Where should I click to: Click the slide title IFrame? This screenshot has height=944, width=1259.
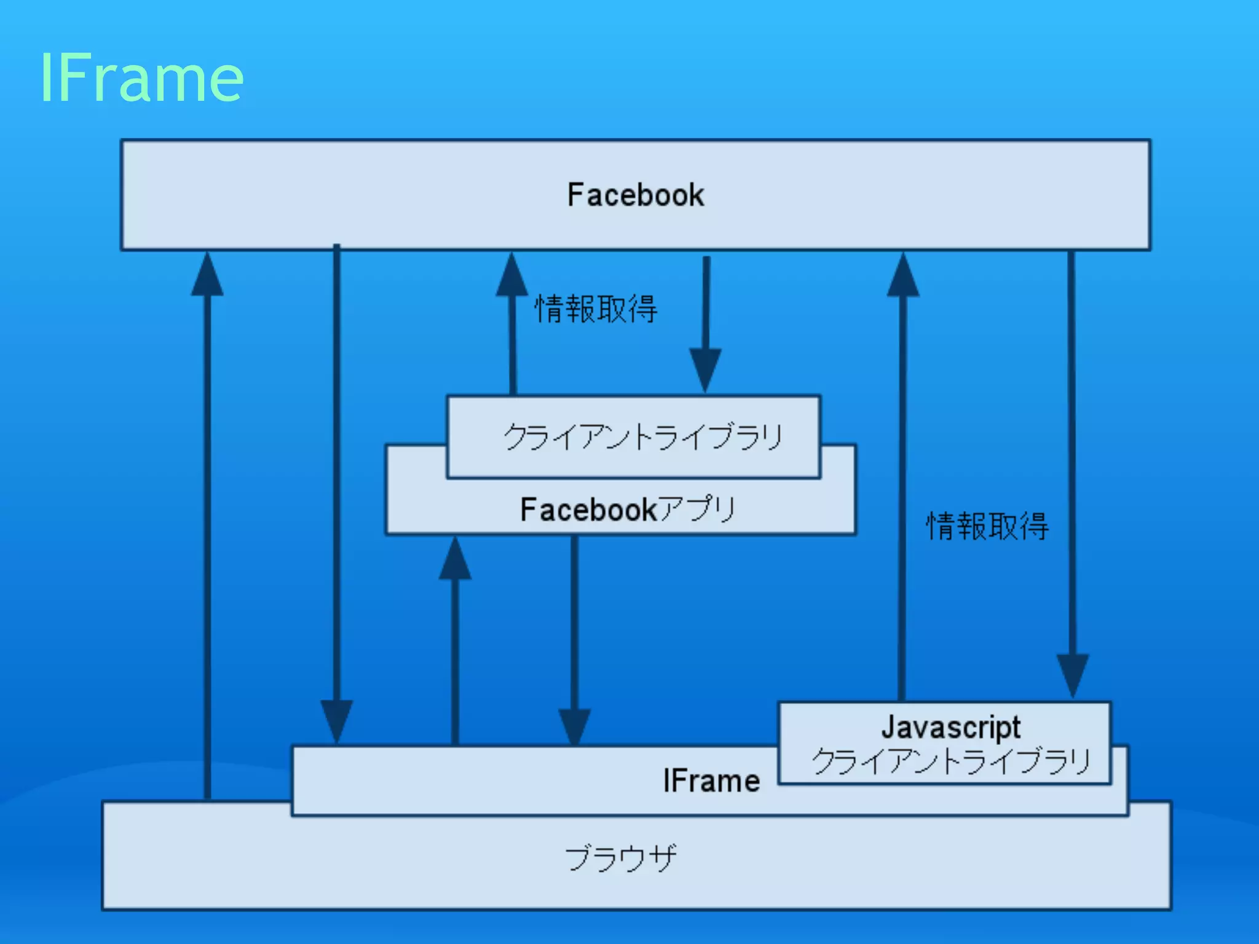pos(142,78)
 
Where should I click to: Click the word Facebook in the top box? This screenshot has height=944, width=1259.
pos(635,195)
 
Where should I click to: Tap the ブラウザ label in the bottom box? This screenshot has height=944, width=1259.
pos(620,858)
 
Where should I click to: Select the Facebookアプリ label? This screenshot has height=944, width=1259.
pos(628,509)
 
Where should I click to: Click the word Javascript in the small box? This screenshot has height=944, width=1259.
pos(950,727)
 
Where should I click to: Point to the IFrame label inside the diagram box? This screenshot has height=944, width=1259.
pos(711,781)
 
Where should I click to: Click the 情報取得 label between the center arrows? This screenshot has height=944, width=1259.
pos(596,309)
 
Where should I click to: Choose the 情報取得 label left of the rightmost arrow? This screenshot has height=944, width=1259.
pos(987,526)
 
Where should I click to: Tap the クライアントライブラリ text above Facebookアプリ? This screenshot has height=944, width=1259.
pos(643,437)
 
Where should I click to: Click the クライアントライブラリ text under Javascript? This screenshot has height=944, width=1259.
pos(950,761)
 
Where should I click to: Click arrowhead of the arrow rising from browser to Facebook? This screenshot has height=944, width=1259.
pos(207,275)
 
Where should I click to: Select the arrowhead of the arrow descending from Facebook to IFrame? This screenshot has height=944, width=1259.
pos(337,719)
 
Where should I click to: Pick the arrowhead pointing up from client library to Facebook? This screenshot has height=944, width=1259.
pos(511,275)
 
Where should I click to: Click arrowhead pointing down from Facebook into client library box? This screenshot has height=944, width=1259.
pos(705,368)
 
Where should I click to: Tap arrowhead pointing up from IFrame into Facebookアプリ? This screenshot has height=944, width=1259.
pos(455,559)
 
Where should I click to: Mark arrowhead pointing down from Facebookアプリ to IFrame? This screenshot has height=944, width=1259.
pos(574,726)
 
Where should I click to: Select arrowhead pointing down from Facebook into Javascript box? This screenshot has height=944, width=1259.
pos(1073,674)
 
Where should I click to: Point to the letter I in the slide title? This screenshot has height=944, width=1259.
pos(46,78)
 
